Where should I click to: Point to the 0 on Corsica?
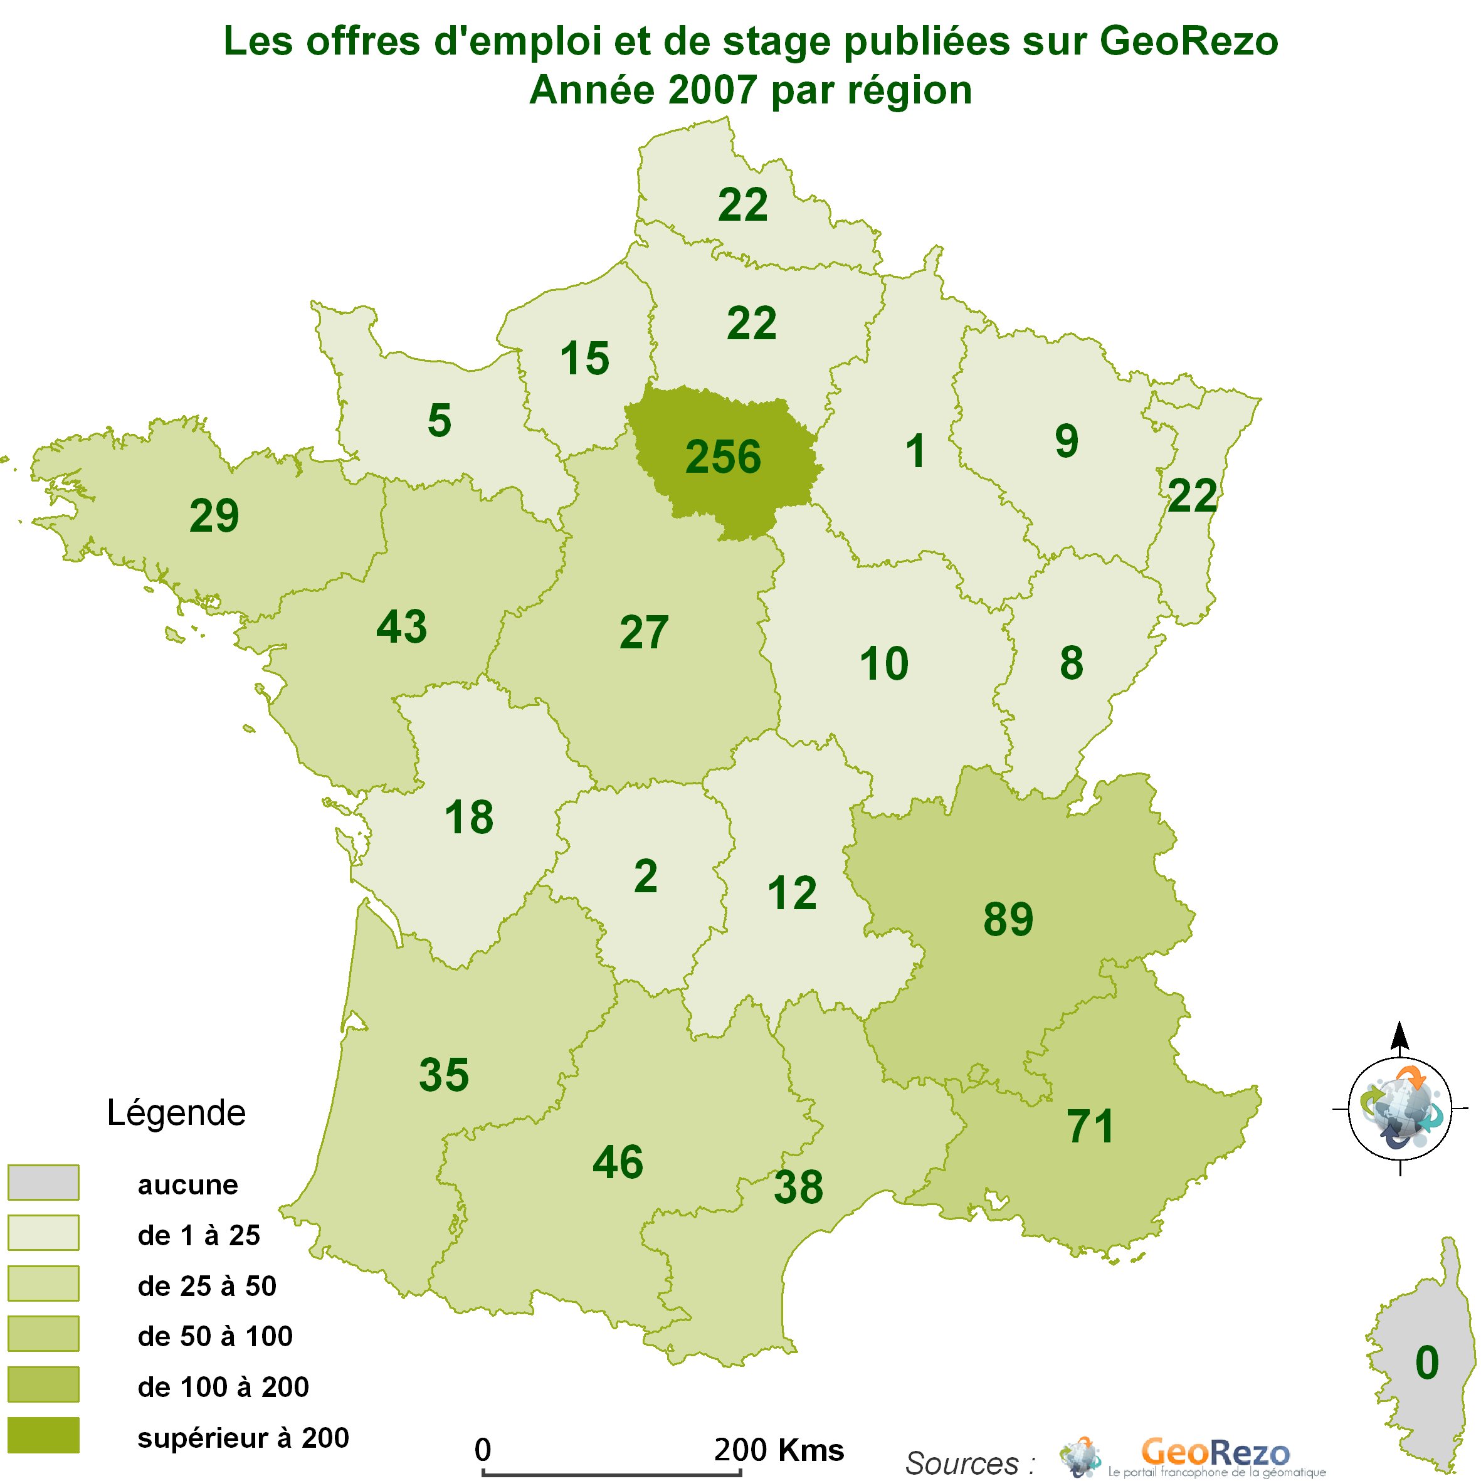tap(1426, 1362)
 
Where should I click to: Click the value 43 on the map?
tap(402, 626)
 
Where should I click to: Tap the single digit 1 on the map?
tap(915, 451)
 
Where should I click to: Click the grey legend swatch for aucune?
tap(43, 1182)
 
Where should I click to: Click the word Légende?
tap(176, 1113)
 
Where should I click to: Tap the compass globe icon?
tap(1399, 1109)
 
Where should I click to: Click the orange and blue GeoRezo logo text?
tap(1216, 1452)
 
